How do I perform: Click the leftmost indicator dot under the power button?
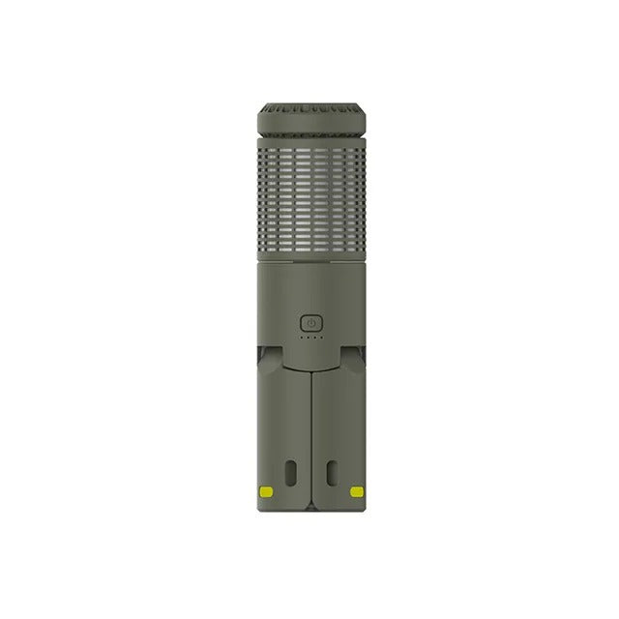pyautogui.click(x=302, y=339)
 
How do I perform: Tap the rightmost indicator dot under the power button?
pyautogui.click(x=319, y=339)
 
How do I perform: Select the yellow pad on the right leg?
pyautogui.click(x=356, y=491)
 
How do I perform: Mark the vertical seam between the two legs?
pyautogui.click(x=309, y=435)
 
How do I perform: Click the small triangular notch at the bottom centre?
pyautogui.click(x=309, y=505)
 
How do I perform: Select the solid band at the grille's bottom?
pyautogui.click(x=309, y=257)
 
